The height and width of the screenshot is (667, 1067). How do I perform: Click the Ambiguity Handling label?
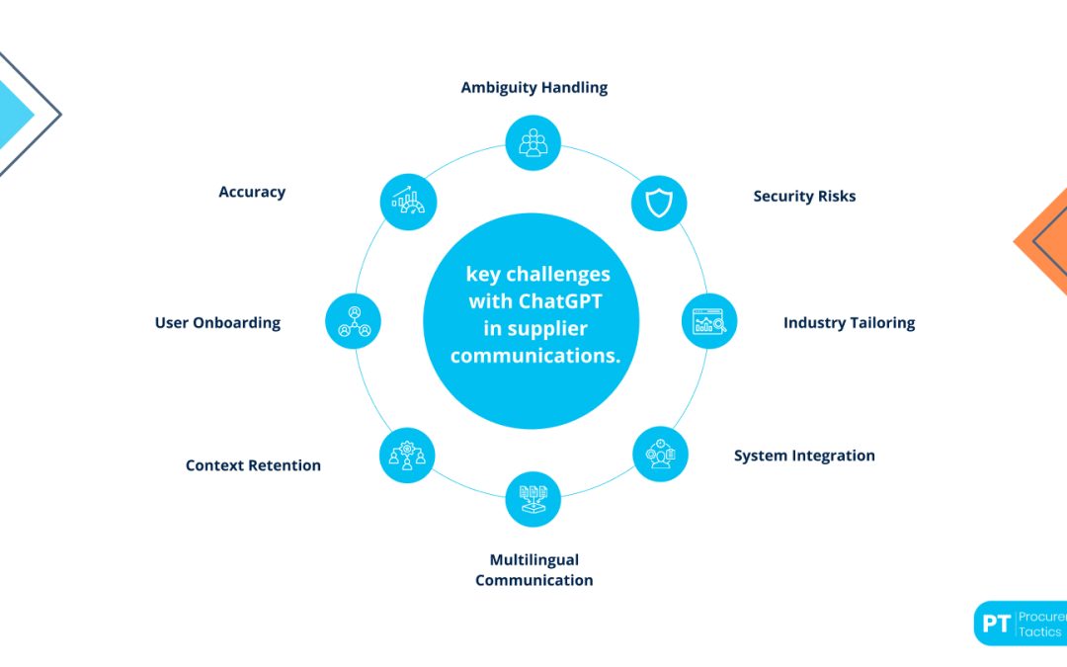(533, 87)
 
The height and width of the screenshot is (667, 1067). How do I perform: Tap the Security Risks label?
(804, 196)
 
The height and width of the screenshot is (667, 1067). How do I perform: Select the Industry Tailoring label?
(849, 322)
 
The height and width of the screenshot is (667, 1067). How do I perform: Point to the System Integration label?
(804, 456)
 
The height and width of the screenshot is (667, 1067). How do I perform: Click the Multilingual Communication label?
(533, 570)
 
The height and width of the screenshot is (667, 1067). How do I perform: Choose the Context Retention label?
(253, 465)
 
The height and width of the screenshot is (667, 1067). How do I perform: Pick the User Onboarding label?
(217, 322)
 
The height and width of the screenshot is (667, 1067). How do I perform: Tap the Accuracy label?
(252, 192)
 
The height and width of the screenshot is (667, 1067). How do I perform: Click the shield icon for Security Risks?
(658, 204)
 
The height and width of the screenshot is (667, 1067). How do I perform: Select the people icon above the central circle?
(533, 142)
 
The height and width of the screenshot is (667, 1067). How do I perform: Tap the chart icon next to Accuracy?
(407, 203)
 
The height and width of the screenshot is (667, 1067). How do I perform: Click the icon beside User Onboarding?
(354, 320)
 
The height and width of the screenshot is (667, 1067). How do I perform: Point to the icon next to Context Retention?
(407, 455)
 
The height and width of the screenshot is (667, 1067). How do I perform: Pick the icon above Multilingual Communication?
(533, 498)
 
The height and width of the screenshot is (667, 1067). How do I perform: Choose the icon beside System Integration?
(659, 454)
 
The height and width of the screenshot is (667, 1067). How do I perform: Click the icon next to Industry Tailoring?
(709, 321)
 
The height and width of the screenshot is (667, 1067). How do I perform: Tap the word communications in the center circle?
(534, 356)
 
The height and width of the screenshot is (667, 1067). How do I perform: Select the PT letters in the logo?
(996, 624)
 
